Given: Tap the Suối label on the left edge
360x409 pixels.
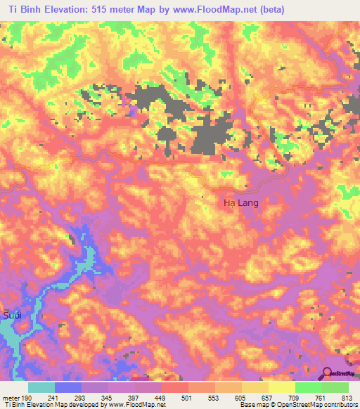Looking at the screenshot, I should coord(12,315).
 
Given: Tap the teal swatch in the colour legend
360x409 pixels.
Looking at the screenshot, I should coord(41,387).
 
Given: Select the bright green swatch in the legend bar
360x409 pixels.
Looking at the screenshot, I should coord(309,387).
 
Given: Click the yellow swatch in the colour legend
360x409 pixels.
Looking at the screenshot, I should coord(282,387).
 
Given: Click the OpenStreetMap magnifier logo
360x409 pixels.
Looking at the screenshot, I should coord(328,374).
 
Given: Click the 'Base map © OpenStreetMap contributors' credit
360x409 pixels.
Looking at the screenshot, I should coord(297,405).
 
